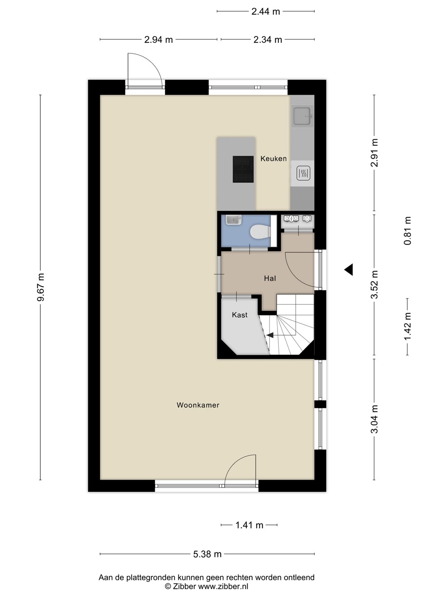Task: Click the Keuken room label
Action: click(273, 158)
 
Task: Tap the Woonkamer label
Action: click(198, 405)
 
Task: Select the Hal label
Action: click(270, 278)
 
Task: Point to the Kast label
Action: click(240, 315)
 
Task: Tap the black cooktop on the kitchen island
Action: click(243, 169)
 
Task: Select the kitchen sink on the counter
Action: click(302, 116)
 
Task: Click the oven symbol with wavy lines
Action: click(303, 173)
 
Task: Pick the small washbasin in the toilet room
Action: click(234, 220)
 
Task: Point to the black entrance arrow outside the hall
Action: click(349, 269)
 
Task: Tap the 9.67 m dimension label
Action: click(41, 287)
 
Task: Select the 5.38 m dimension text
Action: click(207, 554)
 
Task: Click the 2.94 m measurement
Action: click(158, 40)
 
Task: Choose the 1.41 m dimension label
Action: click(249, 525)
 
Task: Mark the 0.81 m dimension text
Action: click(407, 231)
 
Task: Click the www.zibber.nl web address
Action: click(223, 586)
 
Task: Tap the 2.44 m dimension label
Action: click(265, 12)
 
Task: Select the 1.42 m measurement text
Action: click(407, 326)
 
